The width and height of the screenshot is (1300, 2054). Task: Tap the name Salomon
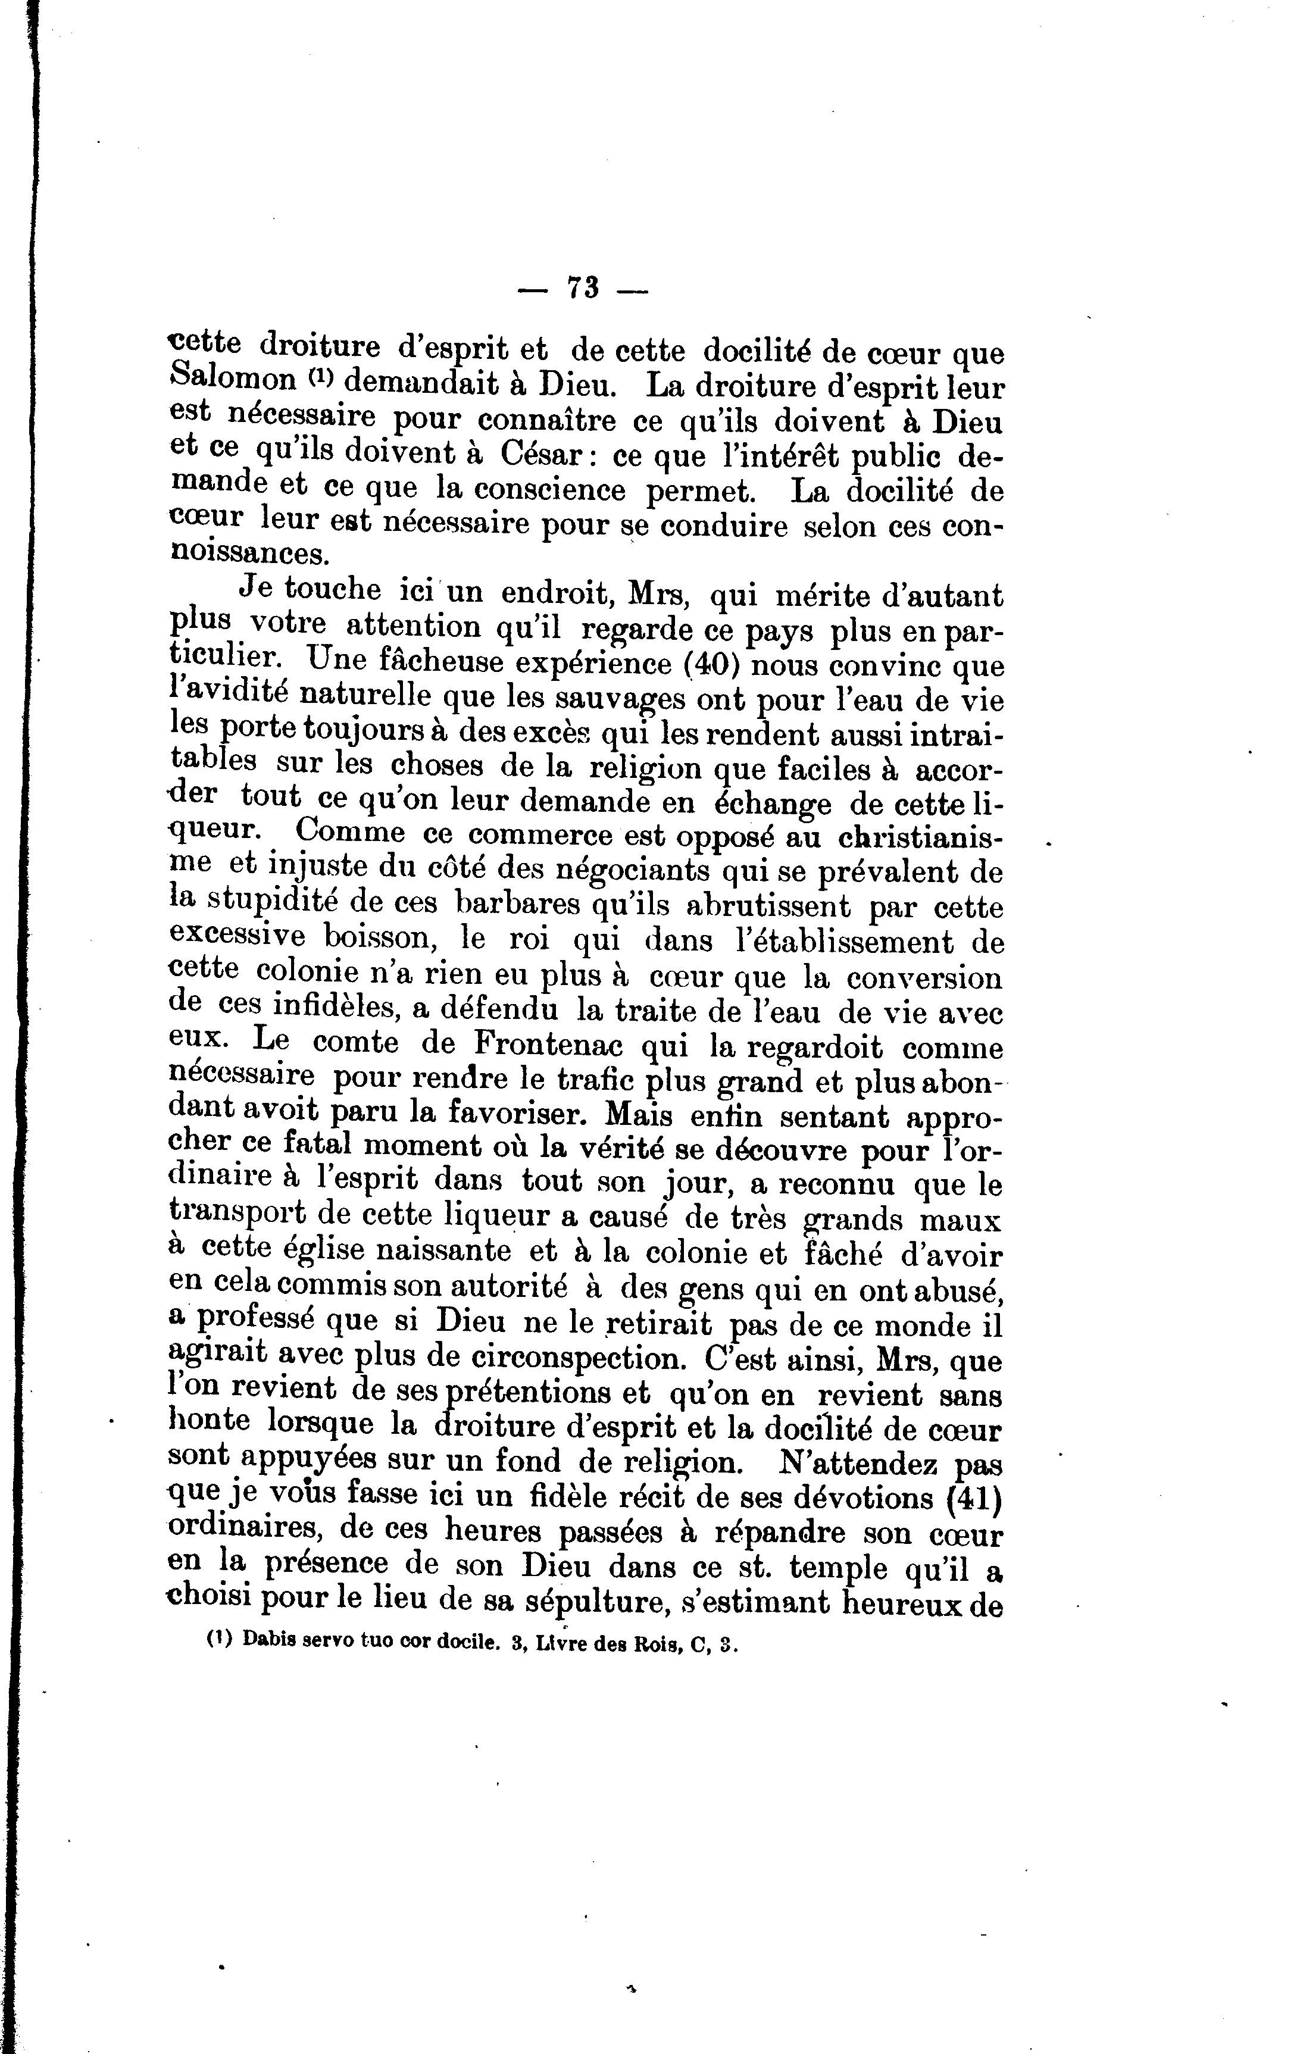click(x=233, y=380)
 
